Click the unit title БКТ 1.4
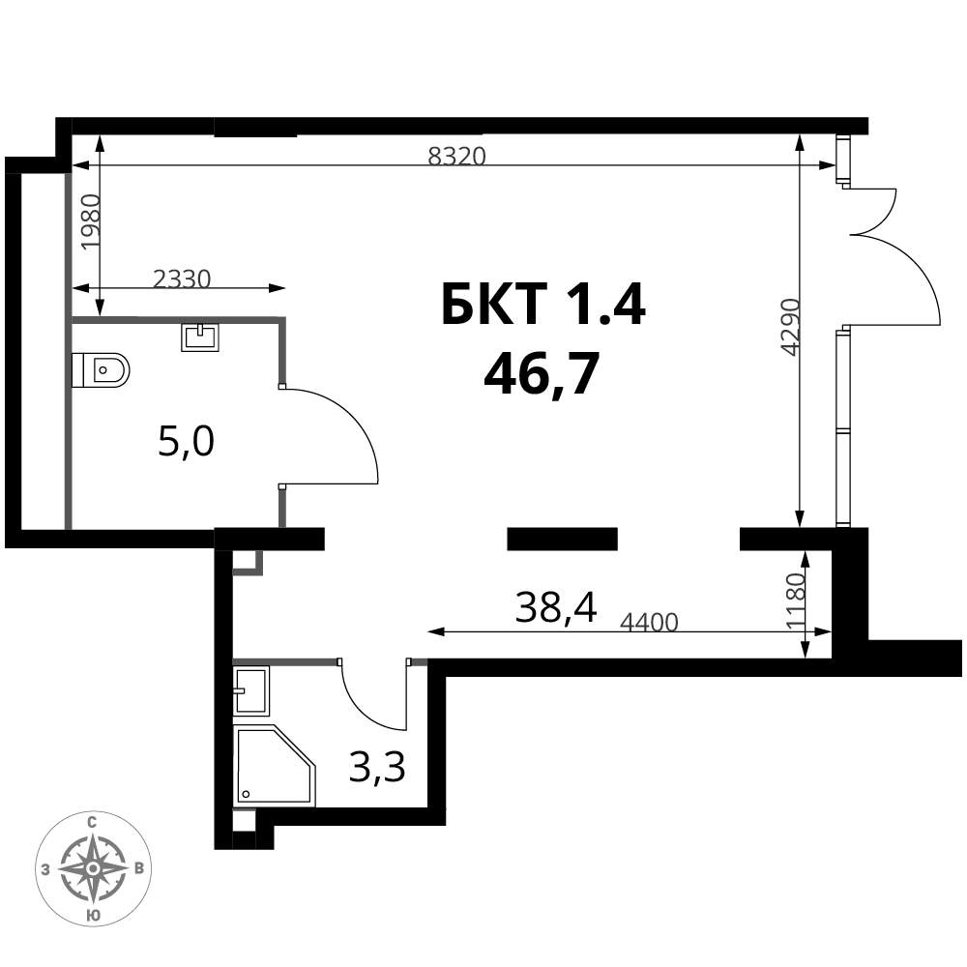click(543, 305)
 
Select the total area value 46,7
click(542, 377)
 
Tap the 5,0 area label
click(187, 443)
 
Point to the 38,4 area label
click(556, 607)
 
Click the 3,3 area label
click(377, 769)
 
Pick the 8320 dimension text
click(457, 156)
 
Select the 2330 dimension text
click(182, 279)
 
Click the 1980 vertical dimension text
click(90, 221)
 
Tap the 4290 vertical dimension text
click(790, 328)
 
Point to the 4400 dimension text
click(650, 623)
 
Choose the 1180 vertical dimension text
click(796, 601)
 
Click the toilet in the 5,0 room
click(101, 370)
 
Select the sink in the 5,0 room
click(200, 337)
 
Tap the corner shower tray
click(275, 766)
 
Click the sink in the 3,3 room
click(251, 690)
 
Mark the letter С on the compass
click(92, 822)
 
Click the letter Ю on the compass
click(92, 915)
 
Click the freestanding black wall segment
click(563, 539)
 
